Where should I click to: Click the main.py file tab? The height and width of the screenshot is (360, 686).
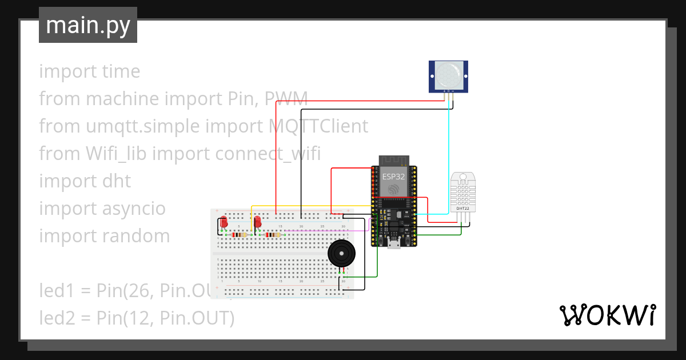87,25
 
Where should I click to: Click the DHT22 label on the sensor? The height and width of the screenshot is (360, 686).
462,209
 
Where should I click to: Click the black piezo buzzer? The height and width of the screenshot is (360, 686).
341,253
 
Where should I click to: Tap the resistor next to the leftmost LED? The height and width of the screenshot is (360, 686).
239,235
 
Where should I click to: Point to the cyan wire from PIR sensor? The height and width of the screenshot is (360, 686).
449,160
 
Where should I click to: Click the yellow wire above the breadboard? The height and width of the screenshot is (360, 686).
309,206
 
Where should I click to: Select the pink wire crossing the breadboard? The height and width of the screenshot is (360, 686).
320,231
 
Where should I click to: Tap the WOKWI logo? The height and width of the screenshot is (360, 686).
607,315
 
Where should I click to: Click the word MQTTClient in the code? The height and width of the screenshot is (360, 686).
318,126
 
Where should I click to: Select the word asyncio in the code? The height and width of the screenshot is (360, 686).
134,209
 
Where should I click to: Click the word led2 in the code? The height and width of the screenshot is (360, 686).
57,318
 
